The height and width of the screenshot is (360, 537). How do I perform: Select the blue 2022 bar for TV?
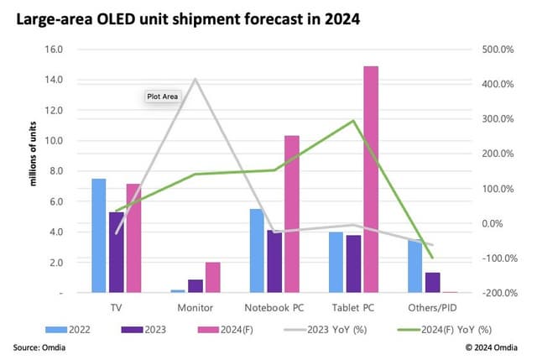click(99, 236)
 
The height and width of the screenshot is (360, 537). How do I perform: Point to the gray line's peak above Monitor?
click(196, 80)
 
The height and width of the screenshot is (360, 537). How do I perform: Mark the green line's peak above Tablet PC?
click(354, 121)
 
